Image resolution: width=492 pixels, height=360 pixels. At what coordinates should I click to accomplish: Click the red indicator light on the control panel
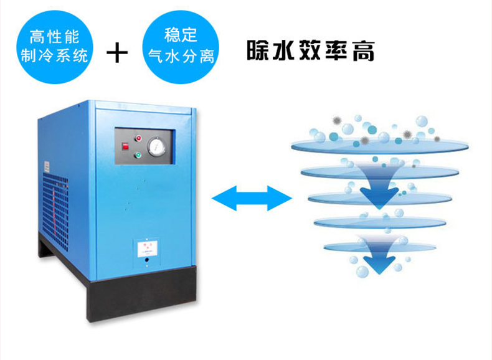(x=139, y=138)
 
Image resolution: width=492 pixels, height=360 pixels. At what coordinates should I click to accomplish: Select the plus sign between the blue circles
(x=116, y=53)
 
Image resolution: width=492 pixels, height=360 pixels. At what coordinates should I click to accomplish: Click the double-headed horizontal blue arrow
(x=252, y=199)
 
